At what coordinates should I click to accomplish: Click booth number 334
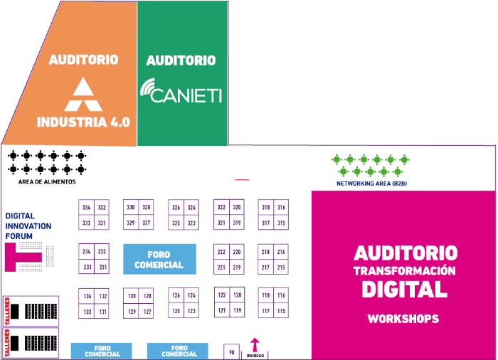(87, 208)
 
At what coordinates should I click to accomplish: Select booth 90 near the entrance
(231, 351)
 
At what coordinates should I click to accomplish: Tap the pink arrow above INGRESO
(254, 344)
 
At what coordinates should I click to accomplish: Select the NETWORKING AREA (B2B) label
(371, 184)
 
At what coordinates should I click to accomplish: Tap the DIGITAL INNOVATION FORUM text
(28, 226)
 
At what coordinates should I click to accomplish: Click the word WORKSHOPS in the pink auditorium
(403, 319)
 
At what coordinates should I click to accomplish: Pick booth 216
(281, 252)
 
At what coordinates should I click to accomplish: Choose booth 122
(222, 295)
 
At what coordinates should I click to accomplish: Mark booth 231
(102, 268)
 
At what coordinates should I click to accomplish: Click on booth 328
(147, 208)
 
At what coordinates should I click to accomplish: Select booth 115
(281, 311)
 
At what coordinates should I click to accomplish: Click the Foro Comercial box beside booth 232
(159, 260)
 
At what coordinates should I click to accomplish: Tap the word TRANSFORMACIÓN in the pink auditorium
(404, 270)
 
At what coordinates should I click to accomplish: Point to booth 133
(87, 312)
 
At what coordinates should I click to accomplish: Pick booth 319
(237, 223)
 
